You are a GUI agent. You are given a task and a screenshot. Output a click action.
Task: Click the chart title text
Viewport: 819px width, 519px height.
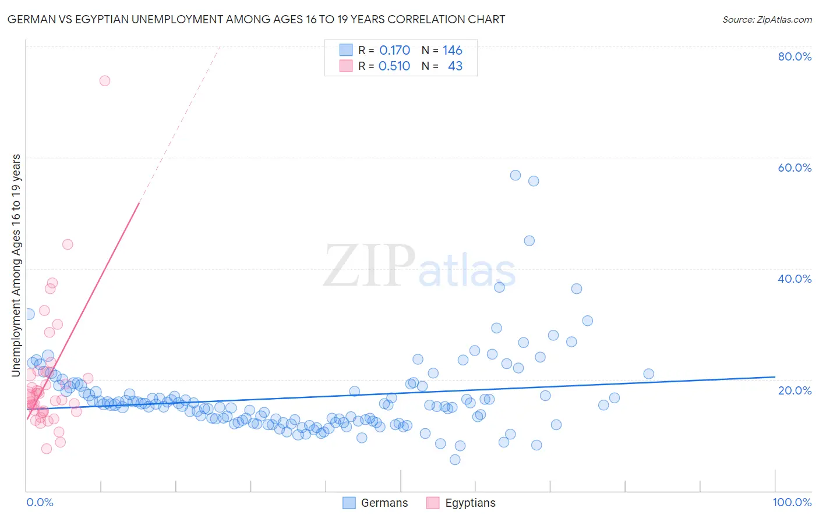click(256, 19)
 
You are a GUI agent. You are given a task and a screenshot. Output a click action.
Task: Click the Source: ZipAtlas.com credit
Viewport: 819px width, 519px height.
click(767, 19)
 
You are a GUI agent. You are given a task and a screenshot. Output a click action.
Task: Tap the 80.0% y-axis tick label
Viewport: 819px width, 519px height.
click(795, 56)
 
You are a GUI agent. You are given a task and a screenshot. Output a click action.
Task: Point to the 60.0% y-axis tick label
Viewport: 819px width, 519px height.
click(795, 168)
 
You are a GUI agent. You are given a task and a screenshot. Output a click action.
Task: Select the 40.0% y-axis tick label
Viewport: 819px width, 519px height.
click(795, 279)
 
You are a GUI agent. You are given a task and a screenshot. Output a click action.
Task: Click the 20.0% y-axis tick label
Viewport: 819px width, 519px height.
click(795, 390)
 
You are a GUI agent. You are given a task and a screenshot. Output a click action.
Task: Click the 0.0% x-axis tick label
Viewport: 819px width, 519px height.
click(40, 502)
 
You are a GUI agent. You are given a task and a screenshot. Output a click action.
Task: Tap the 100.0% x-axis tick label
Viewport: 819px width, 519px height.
click(792, 502)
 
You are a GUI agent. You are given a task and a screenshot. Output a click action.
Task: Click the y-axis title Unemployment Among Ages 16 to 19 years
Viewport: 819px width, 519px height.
click(16, 265)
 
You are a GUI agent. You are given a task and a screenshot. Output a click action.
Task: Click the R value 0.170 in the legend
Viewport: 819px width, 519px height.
click(394, 51)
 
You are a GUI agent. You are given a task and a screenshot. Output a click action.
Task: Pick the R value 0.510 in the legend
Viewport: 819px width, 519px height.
click(394, 66)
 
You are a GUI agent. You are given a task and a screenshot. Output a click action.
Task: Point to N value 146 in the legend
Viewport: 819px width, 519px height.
click(452, 51)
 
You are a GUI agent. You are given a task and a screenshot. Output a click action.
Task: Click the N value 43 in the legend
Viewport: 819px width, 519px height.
click(455, 66)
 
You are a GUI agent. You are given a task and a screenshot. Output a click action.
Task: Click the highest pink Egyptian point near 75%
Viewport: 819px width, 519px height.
click(105, 81)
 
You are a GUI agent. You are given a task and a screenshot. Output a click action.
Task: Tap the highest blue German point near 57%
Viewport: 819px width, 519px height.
click(516, 175)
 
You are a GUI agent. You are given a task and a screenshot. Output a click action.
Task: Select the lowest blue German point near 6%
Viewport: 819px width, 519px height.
click(455, 460)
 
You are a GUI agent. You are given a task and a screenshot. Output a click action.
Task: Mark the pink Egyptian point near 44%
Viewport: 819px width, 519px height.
click(68, 244)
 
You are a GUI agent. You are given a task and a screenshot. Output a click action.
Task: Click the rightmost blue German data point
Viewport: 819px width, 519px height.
click(648, 374)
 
